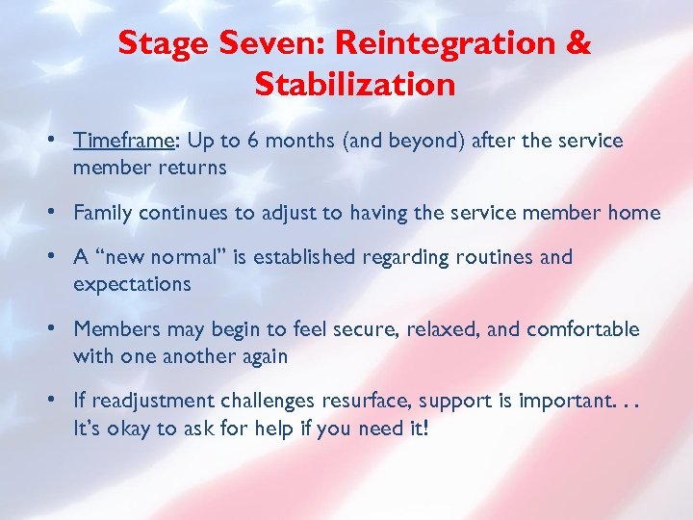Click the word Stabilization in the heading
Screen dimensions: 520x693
[355, 85]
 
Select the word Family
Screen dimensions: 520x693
[102, 213]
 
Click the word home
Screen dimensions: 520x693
[635, 213]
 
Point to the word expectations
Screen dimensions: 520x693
[132, 284]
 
